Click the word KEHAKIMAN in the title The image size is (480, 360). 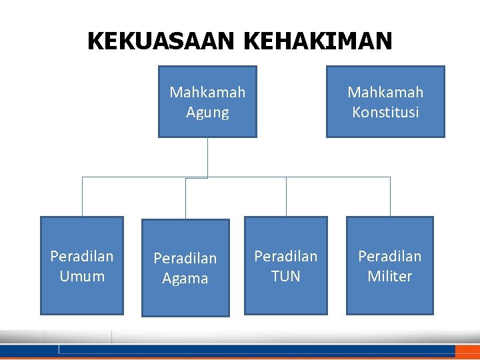pos(318,42)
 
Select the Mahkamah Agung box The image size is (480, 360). pos(207,101)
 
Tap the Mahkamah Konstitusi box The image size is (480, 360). pos(385,101)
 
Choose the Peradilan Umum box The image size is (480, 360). pos(82,265)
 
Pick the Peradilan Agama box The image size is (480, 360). pos(185,268)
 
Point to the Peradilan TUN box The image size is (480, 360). pos(286,265)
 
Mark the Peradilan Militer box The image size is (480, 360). pos(390,265)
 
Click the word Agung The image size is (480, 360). pos(207,112)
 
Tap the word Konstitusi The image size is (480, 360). pos(385,112)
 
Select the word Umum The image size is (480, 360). pos(82,276)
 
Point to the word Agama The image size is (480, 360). pos(185,279)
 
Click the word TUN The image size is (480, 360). pos(286,276)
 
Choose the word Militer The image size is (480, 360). pos(390,276)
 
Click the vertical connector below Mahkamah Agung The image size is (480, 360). pos(208,157)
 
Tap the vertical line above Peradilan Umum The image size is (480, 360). pos(82,197)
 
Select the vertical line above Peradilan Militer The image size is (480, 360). pos(390,197)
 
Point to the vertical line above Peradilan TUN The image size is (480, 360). pos(286,197)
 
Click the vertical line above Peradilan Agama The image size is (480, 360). pos(185,199)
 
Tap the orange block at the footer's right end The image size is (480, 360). pos(467,351)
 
